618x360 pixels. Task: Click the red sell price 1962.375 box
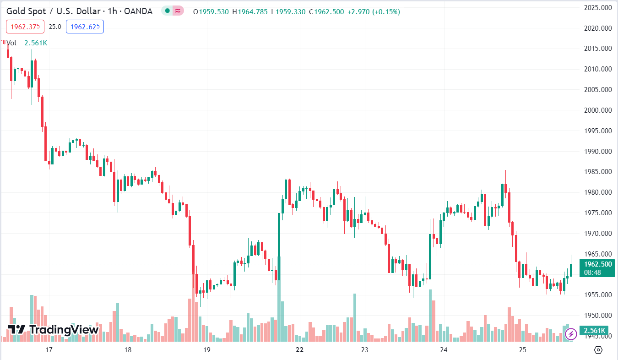point(25,27)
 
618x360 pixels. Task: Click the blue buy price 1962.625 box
point(85,27)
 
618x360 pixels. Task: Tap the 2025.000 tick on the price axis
point(598,8)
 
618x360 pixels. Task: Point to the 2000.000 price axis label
point(598,110)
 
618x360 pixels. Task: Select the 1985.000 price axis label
point(598,172)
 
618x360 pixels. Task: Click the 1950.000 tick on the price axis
point(598,316)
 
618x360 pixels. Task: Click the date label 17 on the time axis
point(49,350)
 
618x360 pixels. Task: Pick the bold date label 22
point(299,350)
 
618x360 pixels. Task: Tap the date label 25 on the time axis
point(523,350)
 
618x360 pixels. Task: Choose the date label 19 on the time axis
point(206,350)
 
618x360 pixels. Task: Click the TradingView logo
point(54,329)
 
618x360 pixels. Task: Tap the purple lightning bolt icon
point(571,334)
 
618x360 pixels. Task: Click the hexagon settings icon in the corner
point(598,350)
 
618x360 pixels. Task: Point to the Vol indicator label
point(12,43)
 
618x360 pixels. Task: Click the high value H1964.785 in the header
point(250,11)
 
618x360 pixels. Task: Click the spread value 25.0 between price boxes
point(55,27)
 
